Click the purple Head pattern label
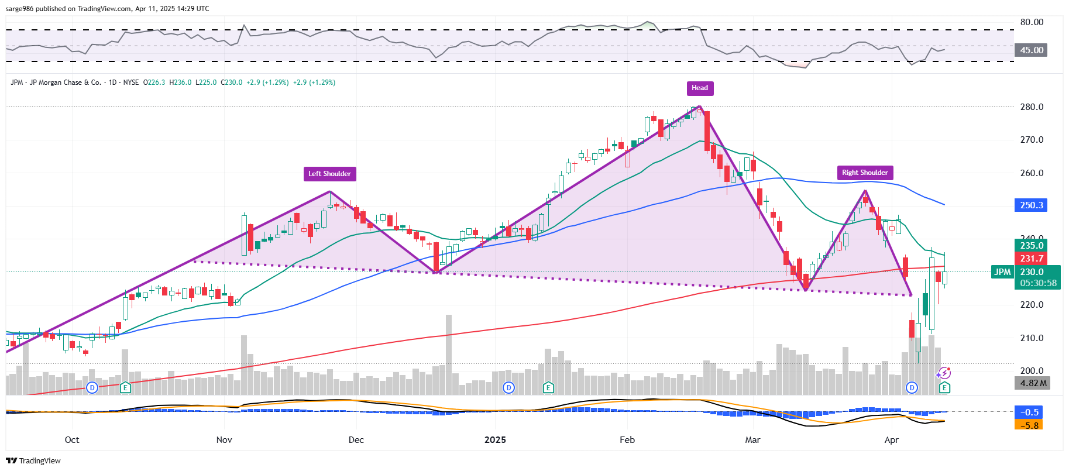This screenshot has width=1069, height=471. pos(700,88)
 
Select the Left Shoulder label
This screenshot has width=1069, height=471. pos(329,174)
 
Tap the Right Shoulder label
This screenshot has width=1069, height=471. pos(865,173)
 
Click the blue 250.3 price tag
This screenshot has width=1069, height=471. pos(1031,205)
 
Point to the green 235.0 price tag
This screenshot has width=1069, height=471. pos(1031,246)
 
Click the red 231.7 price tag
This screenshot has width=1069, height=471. pos(1031,259)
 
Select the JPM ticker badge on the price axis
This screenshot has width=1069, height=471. pos(1002,272)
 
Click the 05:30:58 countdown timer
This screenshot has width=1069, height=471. pos(1038,283)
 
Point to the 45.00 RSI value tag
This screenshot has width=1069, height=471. pos(1031,50)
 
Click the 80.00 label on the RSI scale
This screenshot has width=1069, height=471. pos(1032,22)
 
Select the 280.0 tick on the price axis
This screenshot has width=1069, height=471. pos(1032,107)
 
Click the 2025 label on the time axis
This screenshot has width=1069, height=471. pos(495,440)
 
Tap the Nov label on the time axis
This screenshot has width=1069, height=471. pos(224,440)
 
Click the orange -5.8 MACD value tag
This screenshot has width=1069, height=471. pos(1029,425)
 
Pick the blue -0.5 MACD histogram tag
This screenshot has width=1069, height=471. pos(1029,412)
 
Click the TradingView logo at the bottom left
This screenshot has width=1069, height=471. pos(33,461)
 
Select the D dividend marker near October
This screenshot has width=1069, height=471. pos(92,387)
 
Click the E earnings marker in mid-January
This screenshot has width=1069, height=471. pos(548,387)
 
